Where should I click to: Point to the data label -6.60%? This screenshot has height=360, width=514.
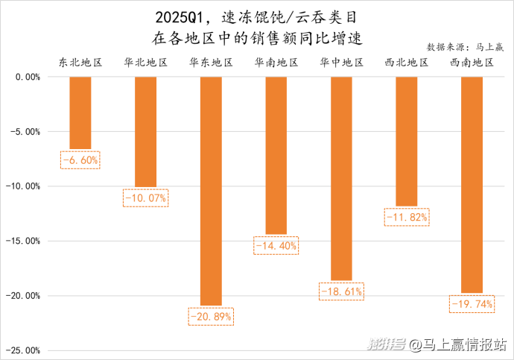(x=80, y=160)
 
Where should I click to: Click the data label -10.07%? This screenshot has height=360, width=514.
(x=145, y=198)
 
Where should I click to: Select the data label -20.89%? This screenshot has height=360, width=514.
(x=211, y=316)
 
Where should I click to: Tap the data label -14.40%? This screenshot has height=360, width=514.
(x=276, y=245)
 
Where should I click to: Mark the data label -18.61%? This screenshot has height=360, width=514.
(x=341, y=292)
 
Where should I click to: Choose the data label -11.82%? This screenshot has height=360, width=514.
(x=407, y=217)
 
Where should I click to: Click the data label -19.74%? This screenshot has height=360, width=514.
(x=472, y=303)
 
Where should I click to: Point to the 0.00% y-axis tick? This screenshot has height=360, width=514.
(x=27, y=77)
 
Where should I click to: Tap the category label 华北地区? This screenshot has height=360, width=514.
(x=145, y=63)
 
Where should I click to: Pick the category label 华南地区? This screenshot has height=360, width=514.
(x=276, y=63)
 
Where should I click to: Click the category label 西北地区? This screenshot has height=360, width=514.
(x=407, y=63)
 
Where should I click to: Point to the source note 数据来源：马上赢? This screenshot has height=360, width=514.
(x=466, y=47)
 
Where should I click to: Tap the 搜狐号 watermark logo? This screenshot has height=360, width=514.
(x=385, y=344)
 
